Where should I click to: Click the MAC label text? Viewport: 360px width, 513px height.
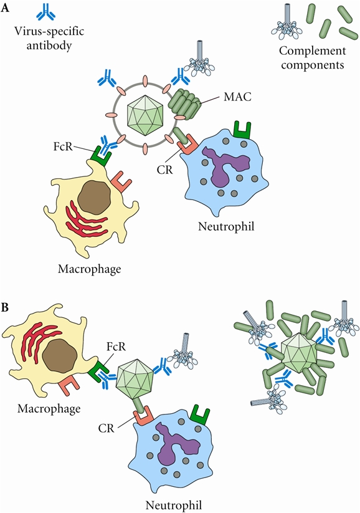pos(238,97)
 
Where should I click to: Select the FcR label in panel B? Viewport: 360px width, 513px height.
pos(116,347)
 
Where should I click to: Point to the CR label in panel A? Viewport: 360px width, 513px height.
pos(164,170)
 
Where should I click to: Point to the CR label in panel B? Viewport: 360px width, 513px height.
pos(106,428)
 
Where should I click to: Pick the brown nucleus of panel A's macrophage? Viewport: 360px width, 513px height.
pos(95,198)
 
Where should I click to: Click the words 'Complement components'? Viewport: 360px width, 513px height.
pos(313,57)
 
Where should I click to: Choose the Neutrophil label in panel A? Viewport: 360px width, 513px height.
pos(226,226)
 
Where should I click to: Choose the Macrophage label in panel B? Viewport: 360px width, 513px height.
pos(49,409)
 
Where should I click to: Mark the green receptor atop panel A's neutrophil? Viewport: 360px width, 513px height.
pos(242,130)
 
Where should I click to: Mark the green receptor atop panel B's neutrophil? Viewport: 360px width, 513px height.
pos(200,415)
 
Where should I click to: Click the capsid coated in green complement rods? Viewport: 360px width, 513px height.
pos(300,353)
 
